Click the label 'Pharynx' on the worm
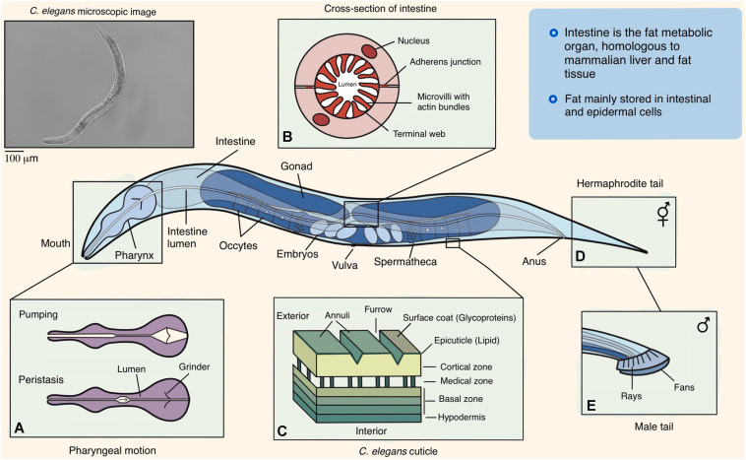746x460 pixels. (134, 255)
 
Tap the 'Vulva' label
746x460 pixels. (344, 265)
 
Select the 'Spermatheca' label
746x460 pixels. (405, 261)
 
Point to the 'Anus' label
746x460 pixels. (533, 261)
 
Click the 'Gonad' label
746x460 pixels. (296, 166)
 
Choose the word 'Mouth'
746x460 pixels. (55, 243)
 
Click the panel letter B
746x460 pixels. (287, 137)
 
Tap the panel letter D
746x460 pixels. (580, 256)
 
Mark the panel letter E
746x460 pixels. (591, 405)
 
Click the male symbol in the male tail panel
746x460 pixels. (703, 325)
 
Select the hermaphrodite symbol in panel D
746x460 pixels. (663, 214)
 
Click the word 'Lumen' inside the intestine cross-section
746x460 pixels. (347, 85)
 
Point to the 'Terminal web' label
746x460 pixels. (419, 134)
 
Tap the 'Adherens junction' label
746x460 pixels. (445, 62)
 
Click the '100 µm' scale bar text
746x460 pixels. (22, 159)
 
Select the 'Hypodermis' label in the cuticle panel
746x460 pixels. (462, 417)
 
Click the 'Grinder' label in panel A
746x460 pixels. (194, 367)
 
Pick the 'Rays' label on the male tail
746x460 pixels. (631, 396)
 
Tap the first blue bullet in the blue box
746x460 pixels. (553, 33)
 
